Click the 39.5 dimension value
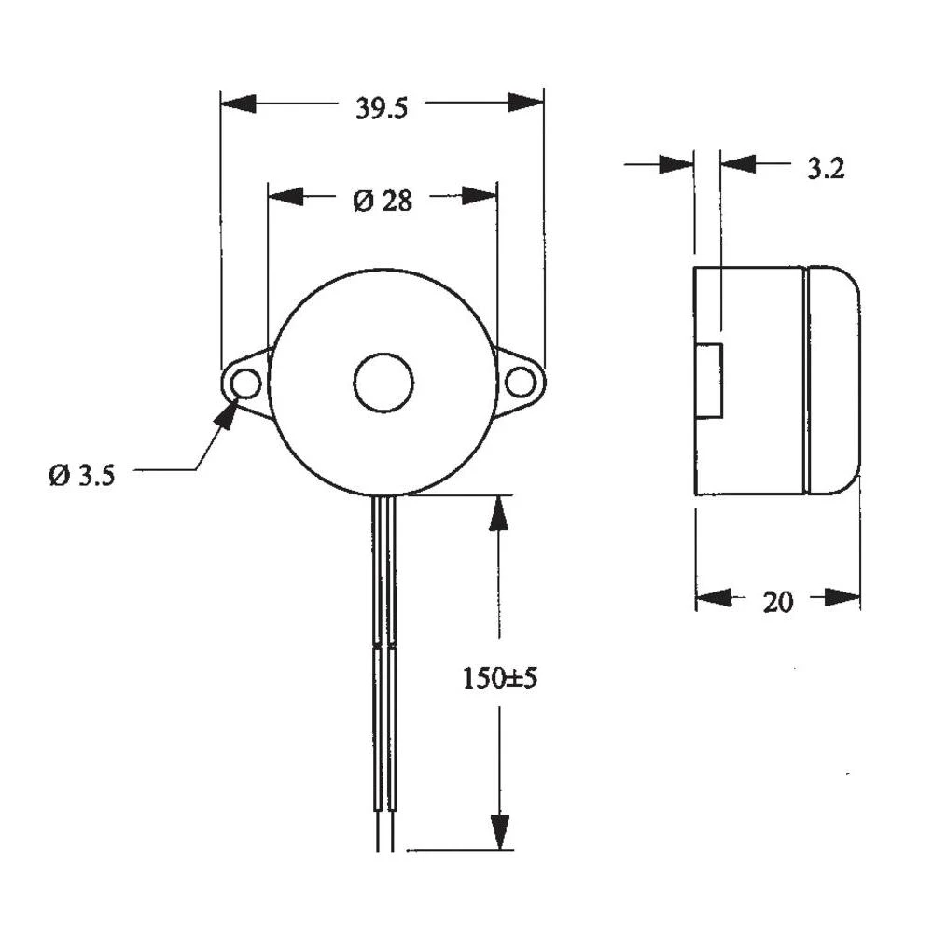coord(381,108)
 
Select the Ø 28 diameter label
coord(382,200)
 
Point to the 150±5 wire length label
coord(499,678)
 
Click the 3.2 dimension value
coord(825,169)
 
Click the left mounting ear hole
coord(245,383)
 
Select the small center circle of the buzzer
coord(383,383)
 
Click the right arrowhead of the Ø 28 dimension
coord(480,195)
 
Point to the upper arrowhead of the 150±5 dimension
coord(500,512)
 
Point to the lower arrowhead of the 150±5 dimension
coord(501,831)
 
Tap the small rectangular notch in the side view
coord(711,380)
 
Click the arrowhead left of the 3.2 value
coord(676,164)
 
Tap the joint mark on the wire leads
coord(384,645)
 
